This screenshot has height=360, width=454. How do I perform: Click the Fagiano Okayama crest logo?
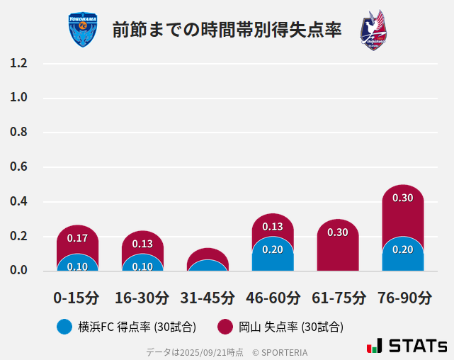pos(373,30)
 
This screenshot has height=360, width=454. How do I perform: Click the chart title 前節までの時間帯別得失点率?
pos(227,30)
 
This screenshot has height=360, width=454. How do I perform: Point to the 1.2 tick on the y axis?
pos(18,63)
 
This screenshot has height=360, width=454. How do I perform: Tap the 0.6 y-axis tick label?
pos(18,167)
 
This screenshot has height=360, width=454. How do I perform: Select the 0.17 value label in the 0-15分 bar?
pos(77,238)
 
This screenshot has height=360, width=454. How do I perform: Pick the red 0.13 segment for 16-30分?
pos(142,243)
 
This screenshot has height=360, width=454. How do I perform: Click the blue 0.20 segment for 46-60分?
pos(273,254)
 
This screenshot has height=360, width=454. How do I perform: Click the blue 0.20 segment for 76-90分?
pos(402,254)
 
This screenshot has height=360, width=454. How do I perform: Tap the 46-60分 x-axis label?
pos(273,298)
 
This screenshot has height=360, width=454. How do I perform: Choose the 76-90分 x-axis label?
pos(403,298)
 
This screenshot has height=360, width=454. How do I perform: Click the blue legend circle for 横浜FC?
pos(64,327)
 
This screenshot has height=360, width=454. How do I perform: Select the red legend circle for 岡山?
pos(225,327)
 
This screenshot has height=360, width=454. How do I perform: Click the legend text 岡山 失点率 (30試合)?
pos(290,327)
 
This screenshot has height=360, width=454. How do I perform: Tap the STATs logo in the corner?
pos(407,346)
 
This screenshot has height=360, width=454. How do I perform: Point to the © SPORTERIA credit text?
pos(280,351)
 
